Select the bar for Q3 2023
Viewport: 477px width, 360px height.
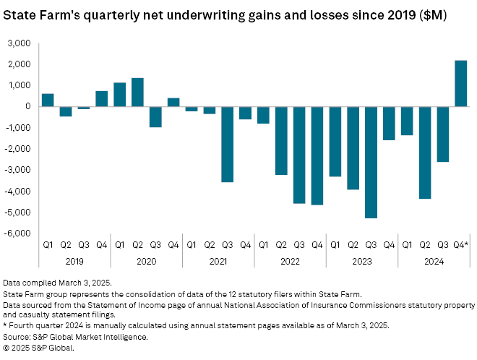pyautogui.click(x=371, y=162)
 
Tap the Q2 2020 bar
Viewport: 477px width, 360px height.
pyautogui.click(x=137, y=93)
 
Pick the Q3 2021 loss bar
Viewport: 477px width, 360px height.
pyautogui.click(x=228, y=144)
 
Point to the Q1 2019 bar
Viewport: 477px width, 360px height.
pyautogui.click(x=48, y=100)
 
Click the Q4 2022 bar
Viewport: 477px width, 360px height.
pyautogui.click(x=317, y=155)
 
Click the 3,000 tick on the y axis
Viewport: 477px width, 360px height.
pyautogui.click(x=20, y=43)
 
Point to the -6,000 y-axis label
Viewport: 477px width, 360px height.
pyautogui.click(x=18, y=233)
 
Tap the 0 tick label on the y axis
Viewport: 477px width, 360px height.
pyautogui.click(x=27, y=107)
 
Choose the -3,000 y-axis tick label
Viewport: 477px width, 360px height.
pyautogui.click(x=18, y=171)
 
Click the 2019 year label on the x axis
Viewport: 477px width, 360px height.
pyautogui.click(x=74, y=260)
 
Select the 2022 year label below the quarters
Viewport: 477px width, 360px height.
pyautogui.click(x=290, y=260)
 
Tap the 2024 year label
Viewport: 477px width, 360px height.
pyautogui.click(x=433, y=260)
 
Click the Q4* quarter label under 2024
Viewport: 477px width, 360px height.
pyautogui.click(x=460, y=246)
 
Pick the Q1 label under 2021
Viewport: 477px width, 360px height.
pyautogui.click(x=192, y=246)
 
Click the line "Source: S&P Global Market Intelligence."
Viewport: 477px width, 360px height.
pyautogui.click(x=75, y=338)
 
